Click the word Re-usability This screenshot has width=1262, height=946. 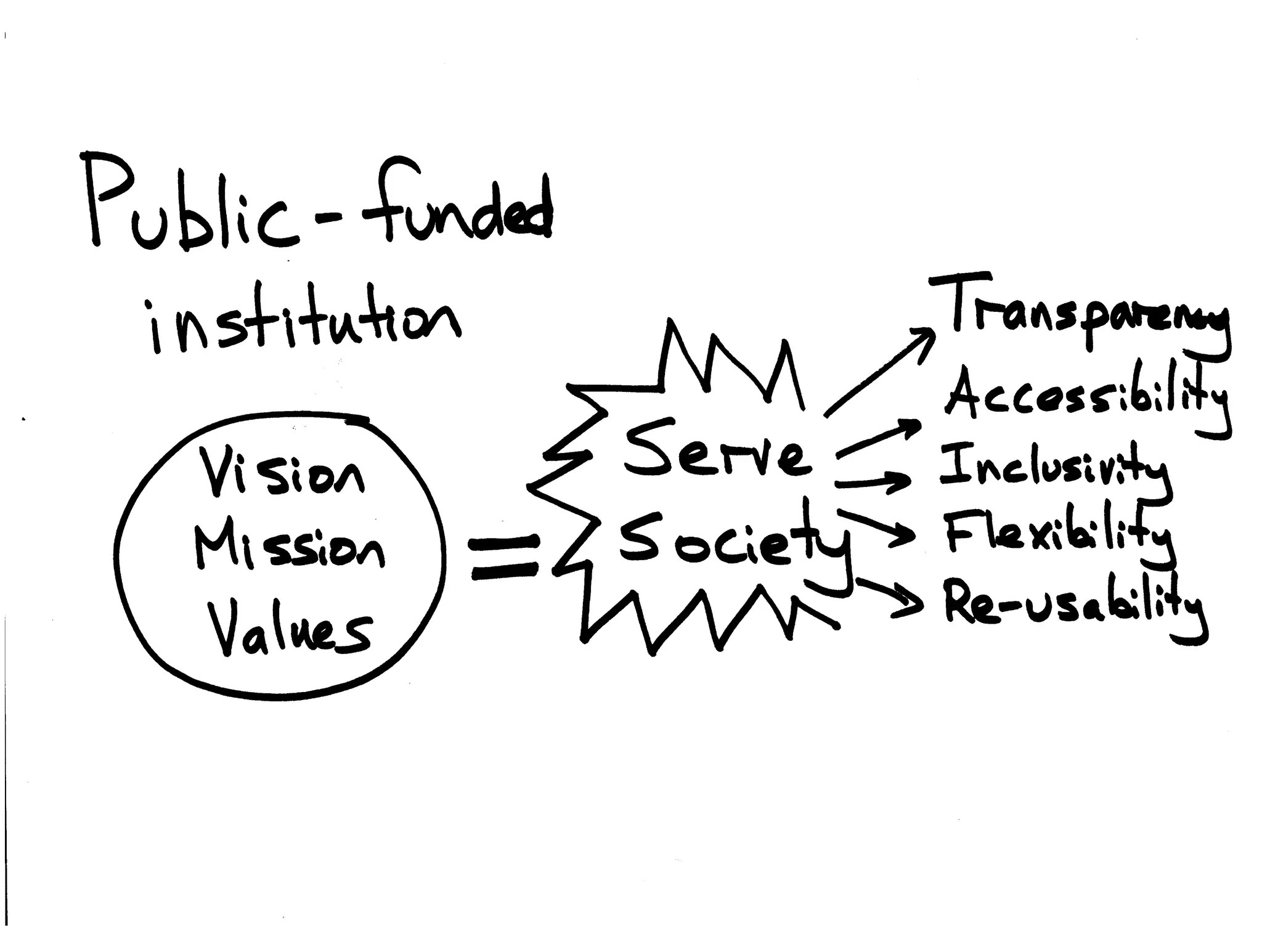[1072, 607]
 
